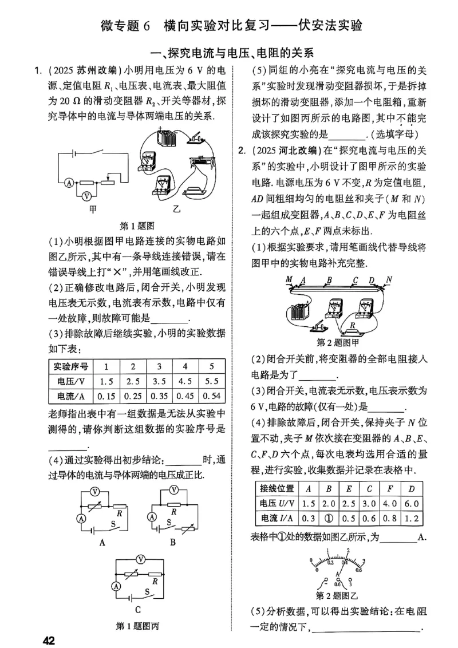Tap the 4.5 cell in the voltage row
point(185,381)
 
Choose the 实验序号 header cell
point(70,366)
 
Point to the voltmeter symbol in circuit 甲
point(86,195)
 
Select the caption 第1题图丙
point(138,625)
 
